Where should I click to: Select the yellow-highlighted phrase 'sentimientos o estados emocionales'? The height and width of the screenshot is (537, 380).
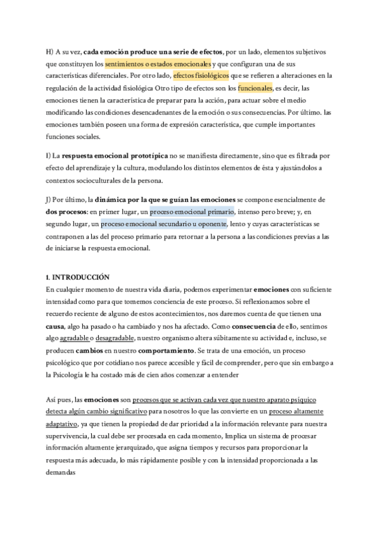tap(158, 63)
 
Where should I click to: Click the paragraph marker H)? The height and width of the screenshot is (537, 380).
tap(50, 51)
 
